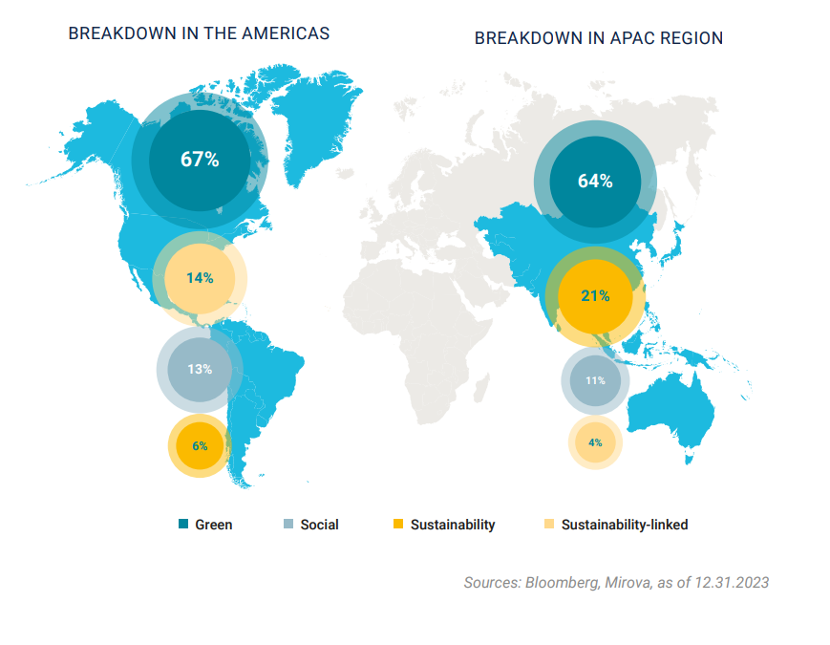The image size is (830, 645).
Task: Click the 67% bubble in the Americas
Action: point(200,159)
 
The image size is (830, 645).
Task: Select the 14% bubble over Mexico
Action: point(200,278)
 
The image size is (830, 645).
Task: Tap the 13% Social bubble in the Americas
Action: point(200,369)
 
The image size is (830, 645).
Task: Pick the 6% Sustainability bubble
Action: point(200,445)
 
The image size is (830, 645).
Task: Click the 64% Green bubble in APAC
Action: point(594,182)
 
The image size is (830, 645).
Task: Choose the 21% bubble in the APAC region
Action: point(594,296)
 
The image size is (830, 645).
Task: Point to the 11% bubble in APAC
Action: point(595,380)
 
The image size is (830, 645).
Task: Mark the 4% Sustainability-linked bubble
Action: point(595,442)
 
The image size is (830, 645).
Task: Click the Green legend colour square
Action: point(183,525)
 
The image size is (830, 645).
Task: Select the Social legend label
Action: point(319,525)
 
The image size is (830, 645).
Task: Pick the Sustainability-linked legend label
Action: point(625,525)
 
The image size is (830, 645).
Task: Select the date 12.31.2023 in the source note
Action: point(732,582)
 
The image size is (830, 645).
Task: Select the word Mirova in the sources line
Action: point(627,582)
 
